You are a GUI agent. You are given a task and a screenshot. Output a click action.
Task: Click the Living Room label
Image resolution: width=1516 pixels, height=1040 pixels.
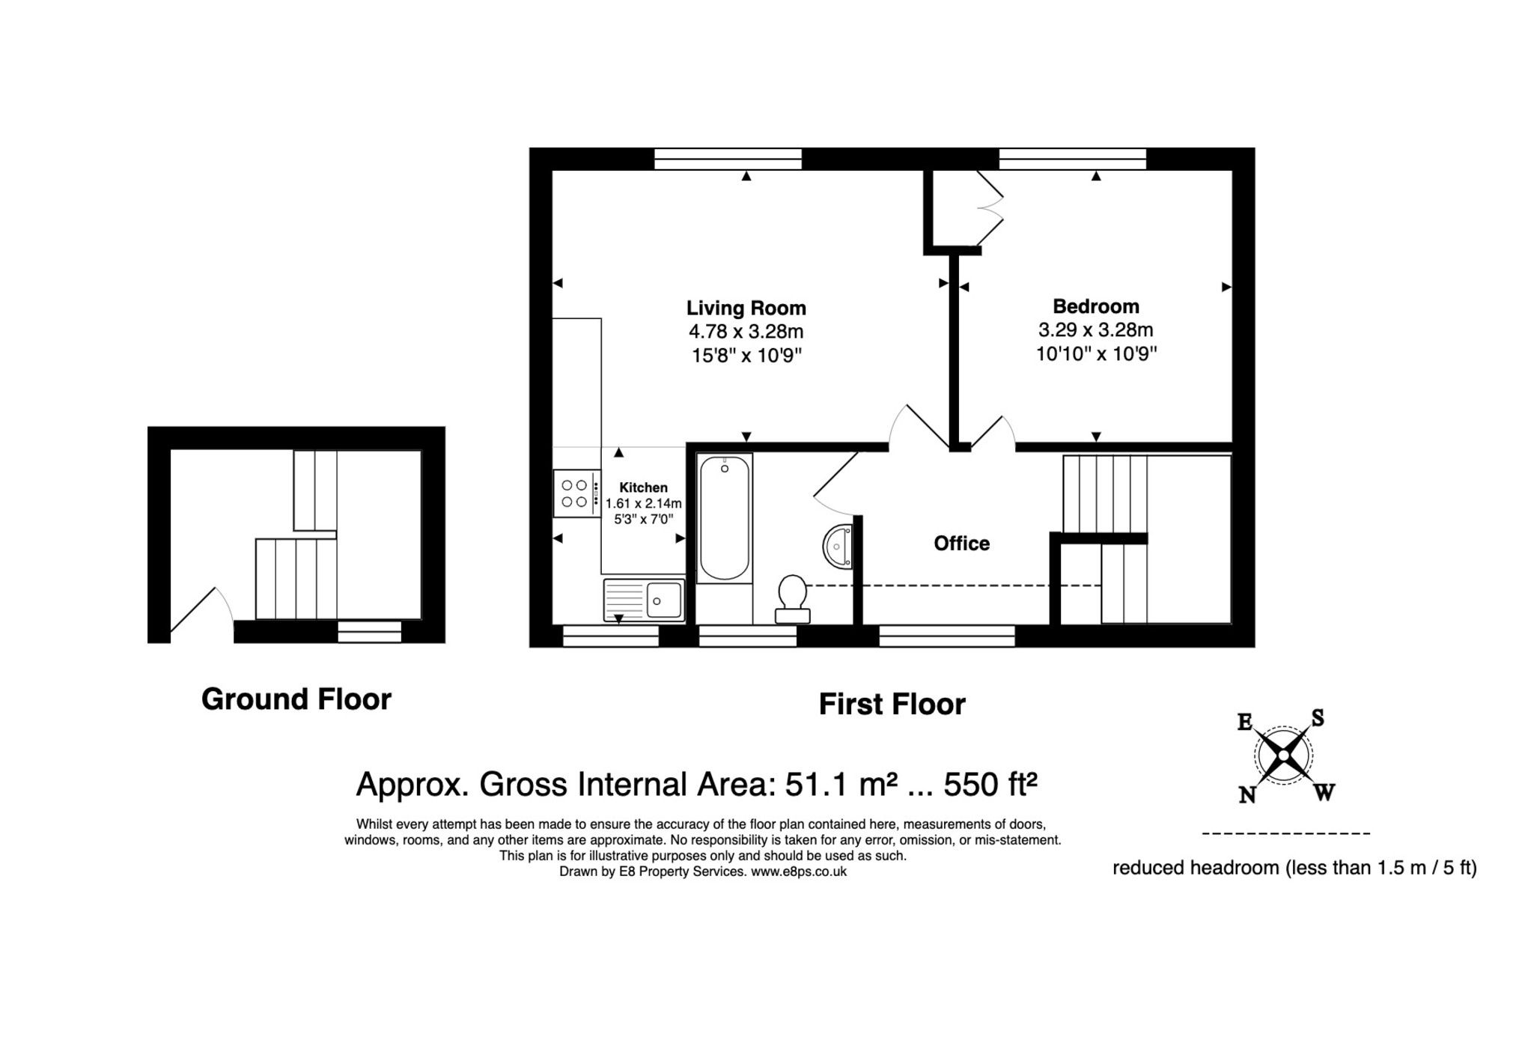pos(746,308)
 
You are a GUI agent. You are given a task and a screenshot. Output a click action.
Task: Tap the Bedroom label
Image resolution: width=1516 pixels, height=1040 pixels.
pos(1095,305)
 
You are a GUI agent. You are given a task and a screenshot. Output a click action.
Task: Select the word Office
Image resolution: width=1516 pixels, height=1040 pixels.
pos(961,543)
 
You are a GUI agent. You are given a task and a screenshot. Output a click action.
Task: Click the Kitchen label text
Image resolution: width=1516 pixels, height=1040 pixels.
pos(643,487)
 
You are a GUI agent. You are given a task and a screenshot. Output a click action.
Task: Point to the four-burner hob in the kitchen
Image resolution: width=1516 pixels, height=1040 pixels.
pos(576,493)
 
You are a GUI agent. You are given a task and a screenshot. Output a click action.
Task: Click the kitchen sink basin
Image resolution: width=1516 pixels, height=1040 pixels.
pos(663,600)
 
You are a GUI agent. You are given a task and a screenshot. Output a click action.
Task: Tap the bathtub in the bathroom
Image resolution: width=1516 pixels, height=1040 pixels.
pos(724,518)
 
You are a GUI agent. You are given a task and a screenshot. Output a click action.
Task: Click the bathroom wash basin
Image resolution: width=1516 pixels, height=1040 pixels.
pos(838,547)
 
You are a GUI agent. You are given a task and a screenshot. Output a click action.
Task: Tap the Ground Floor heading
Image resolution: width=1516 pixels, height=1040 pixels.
pos(296,699)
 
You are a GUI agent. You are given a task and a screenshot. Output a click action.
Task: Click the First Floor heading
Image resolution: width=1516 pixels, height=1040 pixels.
pos(891,704)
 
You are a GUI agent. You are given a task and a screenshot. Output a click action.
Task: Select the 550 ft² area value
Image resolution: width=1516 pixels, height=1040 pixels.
pos(990,784)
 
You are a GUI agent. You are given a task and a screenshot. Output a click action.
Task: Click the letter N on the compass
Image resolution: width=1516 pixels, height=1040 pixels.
pos(1246,795)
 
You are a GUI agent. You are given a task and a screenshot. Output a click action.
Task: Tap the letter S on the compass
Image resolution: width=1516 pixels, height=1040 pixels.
pos(1318,718)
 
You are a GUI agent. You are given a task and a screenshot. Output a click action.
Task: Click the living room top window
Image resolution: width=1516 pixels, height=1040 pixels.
pos(727,159)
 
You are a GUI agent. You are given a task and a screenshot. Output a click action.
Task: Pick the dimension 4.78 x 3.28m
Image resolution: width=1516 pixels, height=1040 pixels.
pos(746,331)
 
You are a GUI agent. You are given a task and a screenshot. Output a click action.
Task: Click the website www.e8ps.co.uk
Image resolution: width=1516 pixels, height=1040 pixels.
pos(798,872)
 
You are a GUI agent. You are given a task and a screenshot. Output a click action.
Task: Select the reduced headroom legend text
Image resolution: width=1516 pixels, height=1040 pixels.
pos(1294,868)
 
